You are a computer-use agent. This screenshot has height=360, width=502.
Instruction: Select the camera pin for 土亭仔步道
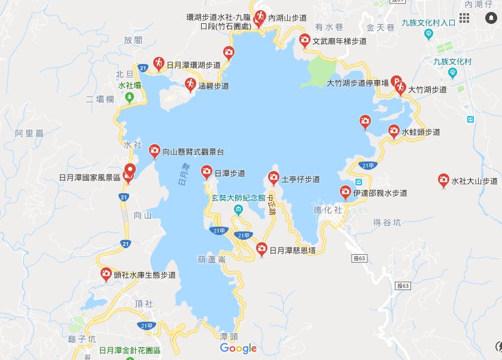click(x=273, y=177)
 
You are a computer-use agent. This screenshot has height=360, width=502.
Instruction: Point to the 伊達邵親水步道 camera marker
click(x=345, y=192)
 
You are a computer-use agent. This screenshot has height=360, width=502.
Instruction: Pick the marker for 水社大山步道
click(x=443, y=179)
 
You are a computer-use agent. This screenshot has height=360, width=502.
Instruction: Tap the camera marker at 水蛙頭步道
click(x=394, y=130)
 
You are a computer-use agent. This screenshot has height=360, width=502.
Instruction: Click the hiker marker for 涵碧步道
click(x=190, y=84)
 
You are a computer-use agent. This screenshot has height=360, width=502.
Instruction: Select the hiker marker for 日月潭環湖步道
click(x=159, y=62)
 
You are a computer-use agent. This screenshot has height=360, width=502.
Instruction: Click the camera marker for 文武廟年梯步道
click(x=305, y=40)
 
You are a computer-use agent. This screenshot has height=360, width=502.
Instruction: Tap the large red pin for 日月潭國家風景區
click(x=129, y=171)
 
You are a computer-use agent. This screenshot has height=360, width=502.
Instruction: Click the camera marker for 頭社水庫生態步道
click(x=106, y=274)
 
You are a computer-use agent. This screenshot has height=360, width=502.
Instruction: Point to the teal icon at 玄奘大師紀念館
click(x=238, y=209)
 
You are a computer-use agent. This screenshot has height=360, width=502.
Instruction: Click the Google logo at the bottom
click(x=238, y=348)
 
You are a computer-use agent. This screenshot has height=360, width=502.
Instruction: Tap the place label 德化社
click(x=327, y=210)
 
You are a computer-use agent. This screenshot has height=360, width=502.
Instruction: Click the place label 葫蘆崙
click(x=210, y=259)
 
